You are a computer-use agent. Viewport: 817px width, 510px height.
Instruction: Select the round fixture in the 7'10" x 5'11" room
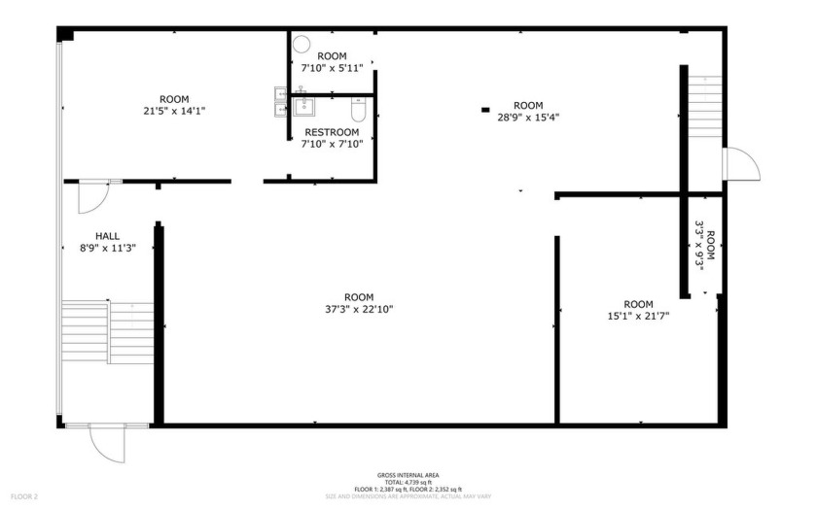(x=301, y=44)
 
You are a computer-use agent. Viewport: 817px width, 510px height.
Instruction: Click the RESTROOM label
(x=332, y=132)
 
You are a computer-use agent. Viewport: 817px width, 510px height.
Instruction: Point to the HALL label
(x=108, y=236)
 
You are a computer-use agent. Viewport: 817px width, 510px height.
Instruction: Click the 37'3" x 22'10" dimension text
(x=359, y=309)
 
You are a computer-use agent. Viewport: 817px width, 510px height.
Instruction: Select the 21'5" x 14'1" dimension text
(x=174, y=111)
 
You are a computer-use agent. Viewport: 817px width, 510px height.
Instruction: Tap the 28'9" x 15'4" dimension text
(x=528, y=118)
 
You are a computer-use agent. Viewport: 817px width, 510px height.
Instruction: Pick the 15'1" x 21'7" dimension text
(x=638, y=315)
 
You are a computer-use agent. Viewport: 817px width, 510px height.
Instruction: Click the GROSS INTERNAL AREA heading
(x=408, y=475)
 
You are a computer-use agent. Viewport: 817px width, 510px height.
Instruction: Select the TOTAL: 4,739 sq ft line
(x=408, y=482)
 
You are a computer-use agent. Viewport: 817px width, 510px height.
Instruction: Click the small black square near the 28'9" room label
(x=485, y=110)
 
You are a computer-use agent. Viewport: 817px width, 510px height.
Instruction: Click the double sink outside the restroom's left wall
(x=280, y=100)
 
